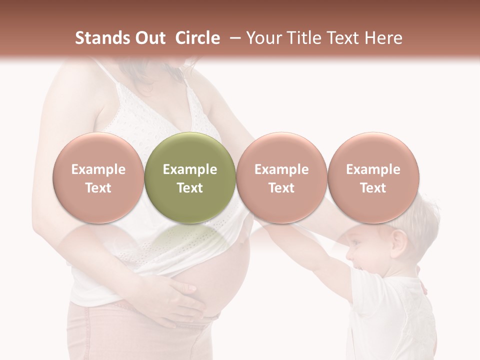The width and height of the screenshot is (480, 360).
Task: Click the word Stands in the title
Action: click(x=95, y=38)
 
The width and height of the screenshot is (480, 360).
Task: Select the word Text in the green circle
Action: click(x=189, y=188)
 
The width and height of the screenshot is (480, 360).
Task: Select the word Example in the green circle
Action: click(x=189, y=169)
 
